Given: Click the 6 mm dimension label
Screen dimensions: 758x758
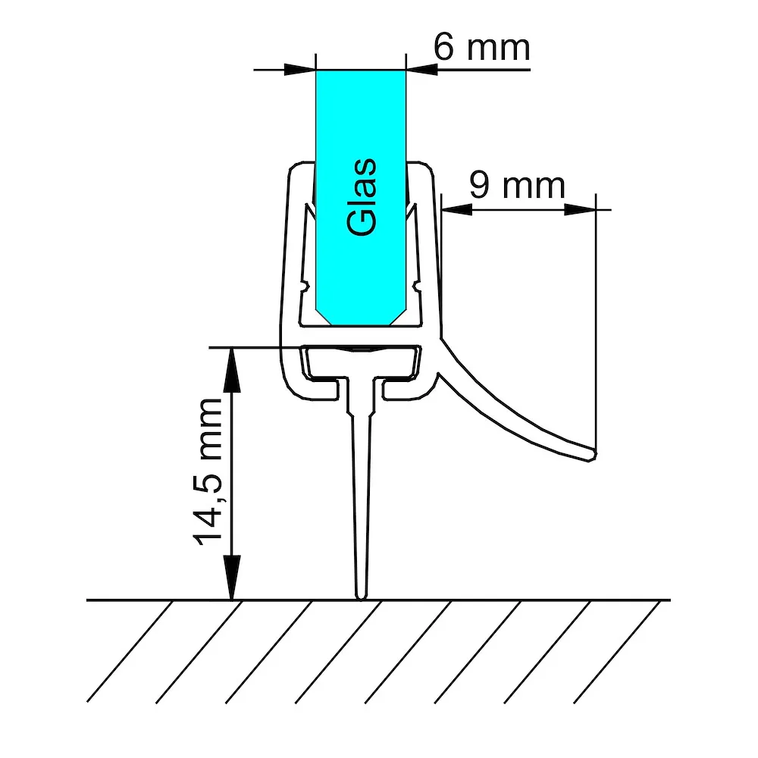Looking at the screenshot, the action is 482,47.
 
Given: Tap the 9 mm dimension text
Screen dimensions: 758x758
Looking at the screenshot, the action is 517,185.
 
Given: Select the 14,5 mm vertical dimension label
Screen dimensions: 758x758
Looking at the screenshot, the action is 208,472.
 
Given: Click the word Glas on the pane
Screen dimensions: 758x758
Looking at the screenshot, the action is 362,197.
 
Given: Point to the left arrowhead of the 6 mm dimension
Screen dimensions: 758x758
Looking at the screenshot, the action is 299,70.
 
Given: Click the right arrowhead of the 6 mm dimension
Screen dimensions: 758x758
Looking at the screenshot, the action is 421,70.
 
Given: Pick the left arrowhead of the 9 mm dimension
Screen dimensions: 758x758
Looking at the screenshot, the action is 457,209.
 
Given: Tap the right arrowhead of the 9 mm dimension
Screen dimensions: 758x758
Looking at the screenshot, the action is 580,209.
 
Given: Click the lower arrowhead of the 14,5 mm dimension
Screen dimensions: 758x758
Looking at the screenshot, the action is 231,578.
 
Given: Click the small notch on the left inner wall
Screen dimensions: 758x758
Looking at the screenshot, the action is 304,287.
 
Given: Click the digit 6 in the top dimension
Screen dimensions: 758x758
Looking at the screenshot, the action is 443,47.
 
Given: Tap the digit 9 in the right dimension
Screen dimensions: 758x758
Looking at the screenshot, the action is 480,185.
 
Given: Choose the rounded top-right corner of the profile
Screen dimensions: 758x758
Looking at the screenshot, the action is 428,168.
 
